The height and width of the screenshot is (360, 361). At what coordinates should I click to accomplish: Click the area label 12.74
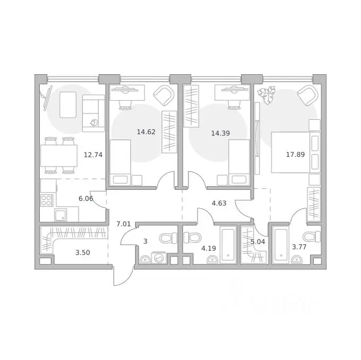click(x=93, y=155)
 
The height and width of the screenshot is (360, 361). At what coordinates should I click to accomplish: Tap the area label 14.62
click(x=146, y=132)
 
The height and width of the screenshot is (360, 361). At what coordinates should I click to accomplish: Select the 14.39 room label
click(x=220, y=133)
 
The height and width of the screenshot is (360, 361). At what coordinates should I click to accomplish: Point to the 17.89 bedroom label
click(x=295, y=154)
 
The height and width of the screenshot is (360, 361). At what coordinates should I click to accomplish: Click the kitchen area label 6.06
click(x=85, y=199)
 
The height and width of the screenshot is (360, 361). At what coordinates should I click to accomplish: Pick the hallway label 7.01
click(x=124, y=224)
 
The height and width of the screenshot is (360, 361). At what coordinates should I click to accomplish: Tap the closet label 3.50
click(x=83, y=253)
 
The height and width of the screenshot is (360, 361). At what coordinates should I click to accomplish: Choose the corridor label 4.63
click(x=219, y=203)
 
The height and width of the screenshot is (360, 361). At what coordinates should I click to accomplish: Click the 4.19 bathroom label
click(x=209, y=248)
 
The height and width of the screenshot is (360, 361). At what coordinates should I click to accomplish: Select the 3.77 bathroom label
click(x=299, y=247)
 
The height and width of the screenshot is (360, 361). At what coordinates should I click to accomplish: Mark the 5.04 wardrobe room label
click(x=258, y=242)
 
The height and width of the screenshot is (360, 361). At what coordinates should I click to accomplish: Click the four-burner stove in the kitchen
click(x=47, y=200)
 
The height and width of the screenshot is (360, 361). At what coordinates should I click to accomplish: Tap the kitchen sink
click(x=61, y=215)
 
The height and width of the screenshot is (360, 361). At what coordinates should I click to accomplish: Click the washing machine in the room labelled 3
click(x=159, y=258)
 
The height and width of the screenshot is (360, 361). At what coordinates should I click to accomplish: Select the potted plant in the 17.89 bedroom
click(x=267, y=95)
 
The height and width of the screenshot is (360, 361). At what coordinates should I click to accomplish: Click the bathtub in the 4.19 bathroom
click(x=228, y=244)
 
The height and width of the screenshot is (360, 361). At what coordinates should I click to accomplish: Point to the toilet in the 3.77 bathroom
click(x=312, y=237)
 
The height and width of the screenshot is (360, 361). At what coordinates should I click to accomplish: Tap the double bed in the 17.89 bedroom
click(x=296, y=152)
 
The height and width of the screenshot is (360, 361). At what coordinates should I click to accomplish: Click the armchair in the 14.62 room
click(x=164, y=95)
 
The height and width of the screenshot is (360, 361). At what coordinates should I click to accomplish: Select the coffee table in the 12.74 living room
click(x=68, y=105)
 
